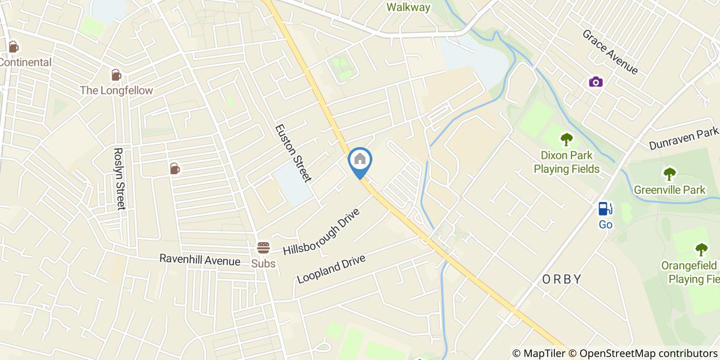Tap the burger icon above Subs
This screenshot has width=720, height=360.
click(263, 247)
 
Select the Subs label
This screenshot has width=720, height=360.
click(263, 264)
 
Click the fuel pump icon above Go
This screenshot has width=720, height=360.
click(605, 208)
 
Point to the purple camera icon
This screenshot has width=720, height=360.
click(596, 82)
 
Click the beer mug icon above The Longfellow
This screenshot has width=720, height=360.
click(116, 75)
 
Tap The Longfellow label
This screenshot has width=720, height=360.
click(116, 91)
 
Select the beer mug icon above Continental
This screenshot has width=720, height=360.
click(13, 47)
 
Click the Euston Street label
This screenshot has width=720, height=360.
click(293, 153)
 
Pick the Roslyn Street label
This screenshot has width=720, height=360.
click(119, 179)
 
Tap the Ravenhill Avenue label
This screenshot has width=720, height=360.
click(200, 260)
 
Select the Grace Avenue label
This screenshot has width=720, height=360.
click(610, 51)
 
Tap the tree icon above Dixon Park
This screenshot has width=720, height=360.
click(566, 139)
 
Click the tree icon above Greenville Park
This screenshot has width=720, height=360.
click(669, 174)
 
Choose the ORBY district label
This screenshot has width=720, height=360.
click(562, 279)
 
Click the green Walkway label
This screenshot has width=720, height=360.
click(408, 7)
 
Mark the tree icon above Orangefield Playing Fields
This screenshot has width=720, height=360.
click(701, 250)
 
